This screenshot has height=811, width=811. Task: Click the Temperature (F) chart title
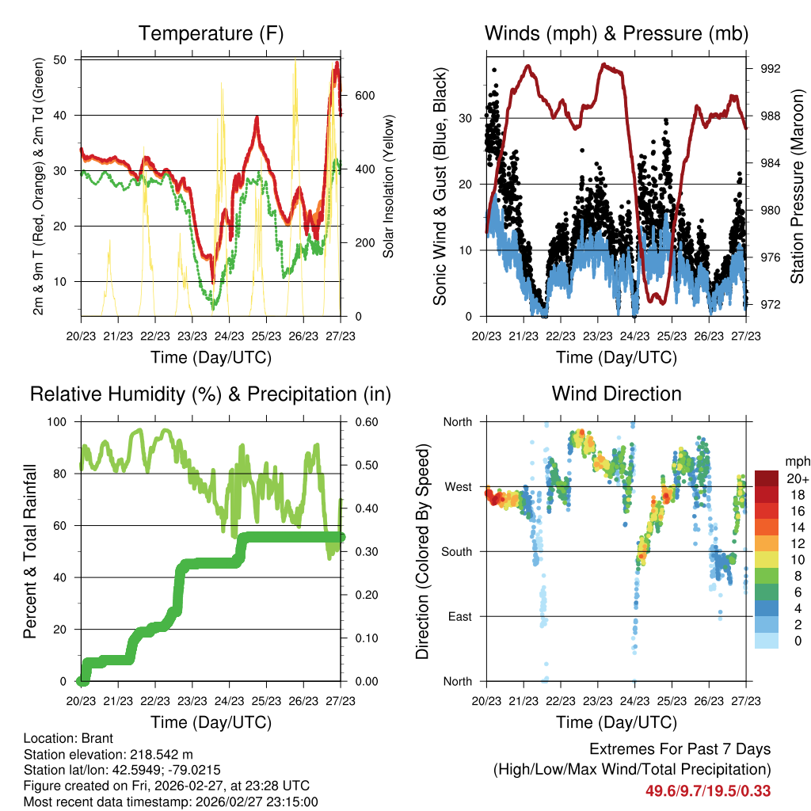[211, 33]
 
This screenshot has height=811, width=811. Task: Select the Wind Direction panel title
[616, 393]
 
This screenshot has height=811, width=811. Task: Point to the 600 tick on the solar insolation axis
[364, 96]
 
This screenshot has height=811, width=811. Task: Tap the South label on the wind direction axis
[456, 551]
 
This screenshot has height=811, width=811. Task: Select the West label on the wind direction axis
[458, 486]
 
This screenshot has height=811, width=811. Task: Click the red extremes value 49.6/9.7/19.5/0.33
[709, 790]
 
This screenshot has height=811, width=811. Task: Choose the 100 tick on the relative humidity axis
[63, 422]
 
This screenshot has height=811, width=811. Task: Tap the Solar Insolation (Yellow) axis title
[389, 187]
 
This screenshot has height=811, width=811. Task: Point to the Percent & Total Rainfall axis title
[30, 551]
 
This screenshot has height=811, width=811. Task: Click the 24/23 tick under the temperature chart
[229, 336]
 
